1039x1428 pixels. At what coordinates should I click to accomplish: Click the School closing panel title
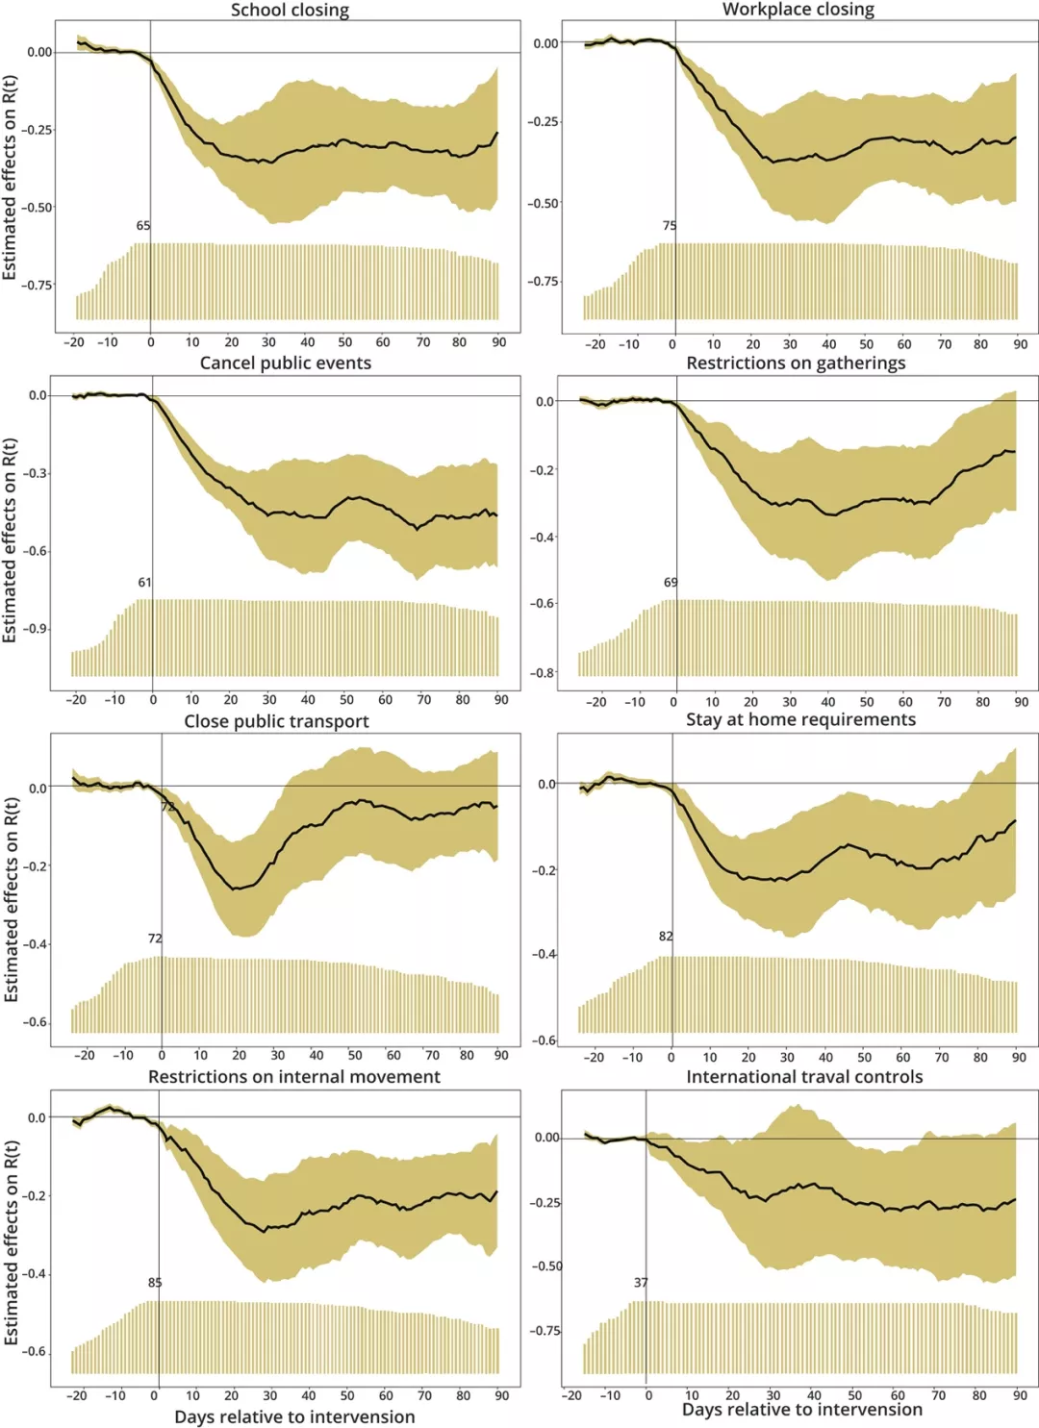(290, 11)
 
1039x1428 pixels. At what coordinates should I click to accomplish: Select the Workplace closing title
(798, 10)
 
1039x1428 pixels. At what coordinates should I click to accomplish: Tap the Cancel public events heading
(286, 363)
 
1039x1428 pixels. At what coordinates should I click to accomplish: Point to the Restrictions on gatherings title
(796, 363)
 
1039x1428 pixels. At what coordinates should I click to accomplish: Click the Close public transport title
(276, 721)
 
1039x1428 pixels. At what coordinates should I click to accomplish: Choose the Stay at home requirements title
(800, 719)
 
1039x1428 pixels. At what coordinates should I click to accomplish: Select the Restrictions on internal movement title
(294, 1077)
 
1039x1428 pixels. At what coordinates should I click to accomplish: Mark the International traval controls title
(804, 1077)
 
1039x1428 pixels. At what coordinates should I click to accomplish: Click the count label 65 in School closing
(143, 226)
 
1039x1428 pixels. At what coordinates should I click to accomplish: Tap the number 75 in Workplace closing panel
(670, 226)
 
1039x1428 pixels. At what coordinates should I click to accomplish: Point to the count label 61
(144, 583)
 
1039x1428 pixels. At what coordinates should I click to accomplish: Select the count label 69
(671, 583)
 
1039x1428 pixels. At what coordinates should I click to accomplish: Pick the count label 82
(666, 937)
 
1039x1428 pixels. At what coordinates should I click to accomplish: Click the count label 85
(155, 1283)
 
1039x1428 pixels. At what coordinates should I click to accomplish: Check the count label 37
(641, 1283)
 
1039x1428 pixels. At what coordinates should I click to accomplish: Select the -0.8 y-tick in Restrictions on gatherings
(544, 673)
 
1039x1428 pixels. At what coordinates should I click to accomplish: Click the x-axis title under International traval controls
(802, 1410)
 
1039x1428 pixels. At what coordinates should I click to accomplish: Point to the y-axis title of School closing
(10, 178)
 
